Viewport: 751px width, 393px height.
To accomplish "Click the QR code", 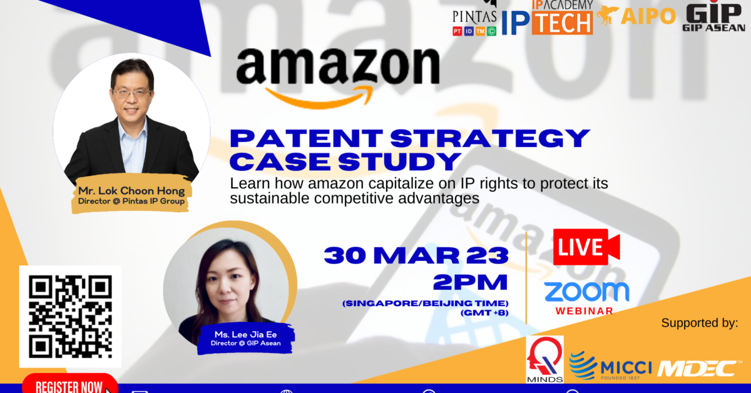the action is point(70,317).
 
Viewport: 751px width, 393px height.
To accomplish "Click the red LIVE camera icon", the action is point(586,247).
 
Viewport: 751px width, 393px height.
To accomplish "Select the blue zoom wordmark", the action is point(586,292).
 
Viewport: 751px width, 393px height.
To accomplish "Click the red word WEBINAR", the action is point(585,311).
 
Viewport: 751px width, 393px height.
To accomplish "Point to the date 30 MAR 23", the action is point(416,255).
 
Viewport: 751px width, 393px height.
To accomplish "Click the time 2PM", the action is point(471,282).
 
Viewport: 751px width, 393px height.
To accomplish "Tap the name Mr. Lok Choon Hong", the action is point(131,191).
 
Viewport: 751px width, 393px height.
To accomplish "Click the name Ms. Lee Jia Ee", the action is point(246,334).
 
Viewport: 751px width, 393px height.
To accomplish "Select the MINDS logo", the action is point(545,359).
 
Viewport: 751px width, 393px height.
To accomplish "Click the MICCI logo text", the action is point(626,368).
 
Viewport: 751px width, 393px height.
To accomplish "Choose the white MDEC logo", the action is point(698,369).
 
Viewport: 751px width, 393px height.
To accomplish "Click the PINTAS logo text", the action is point(474,17).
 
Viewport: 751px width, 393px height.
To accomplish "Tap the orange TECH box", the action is point(562,23).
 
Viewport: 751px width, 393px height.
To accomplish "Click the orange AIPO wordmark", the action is point(648,16).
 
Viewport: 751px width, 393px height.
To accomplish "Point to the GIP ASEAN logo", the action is point(713,16).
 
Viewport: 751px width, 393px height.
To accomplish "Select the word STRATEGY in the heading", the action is point(490,138).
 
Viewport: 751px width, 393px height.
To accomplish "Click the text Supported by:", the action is point(700,323).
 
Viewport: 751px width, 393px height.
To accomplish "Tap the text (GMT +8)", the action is point(484,313).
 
